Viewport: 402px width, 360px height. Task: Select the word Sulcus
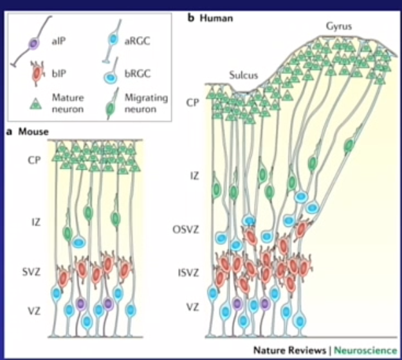pos(243,75)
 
